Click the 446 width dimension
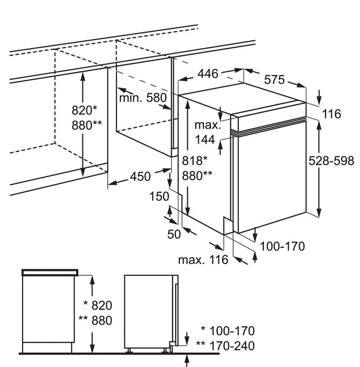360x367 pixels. point(208,74)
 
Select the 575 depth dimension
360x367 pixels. point(274,80)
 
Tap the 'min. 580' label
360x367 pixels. point(142,98)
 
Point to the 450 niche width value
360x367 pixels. point(140,176)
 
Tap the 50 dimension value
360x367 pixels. point(174,234)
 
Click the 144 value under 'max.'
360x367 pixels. point(205,139)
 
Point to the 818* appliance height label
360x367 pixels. point(195,161)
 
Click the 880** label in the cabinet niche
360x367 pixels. point(87,125)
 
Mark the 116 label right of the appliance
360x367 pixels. point(331,114)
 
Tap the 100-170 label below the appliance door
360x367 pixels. point(283,246)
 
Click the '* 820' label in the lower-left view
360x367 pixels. point(98,306)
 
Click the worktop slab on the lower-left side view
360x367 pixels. point(50,272)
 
